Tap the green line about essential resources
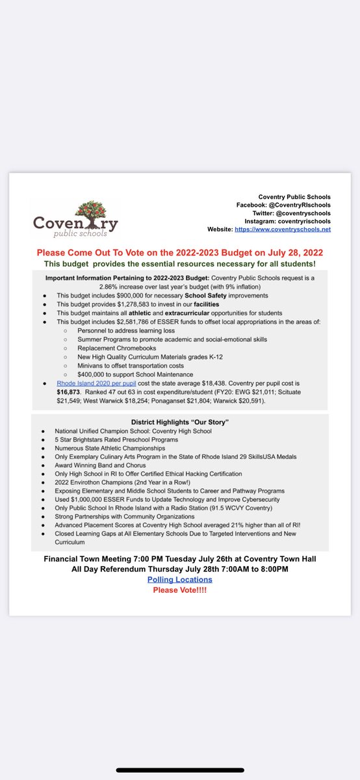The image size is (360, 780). point(179,263)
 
